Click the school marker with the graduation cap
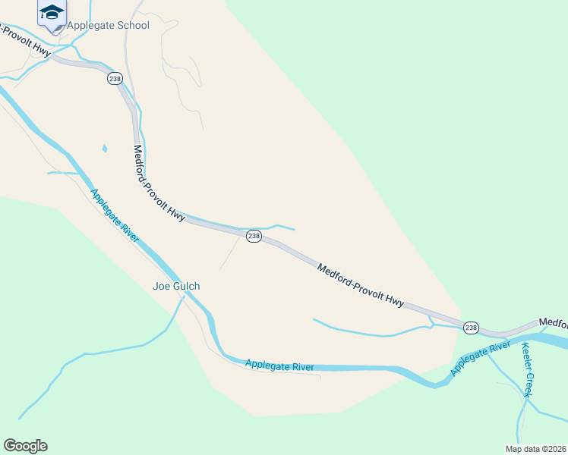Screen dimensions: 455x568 coord(52,14)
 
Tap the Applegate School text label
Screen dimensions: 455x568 coord(108,25)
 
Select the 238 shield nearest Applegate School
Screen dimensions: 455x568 coord(115,78)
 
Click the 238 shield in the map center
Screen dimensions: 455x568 coord(254,236)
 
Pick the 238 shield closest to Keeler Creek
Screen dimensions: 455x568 coord(471,327)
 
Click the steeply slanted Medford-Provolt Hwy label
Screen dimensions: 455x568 coord(159,184)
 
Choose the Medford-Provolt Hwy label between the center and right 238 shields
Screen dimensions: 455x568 coord(360,284)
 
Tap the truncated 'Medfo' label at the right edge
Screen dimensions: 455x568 coord(553,322)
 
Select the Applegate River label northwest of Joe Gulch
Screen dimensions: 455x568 coord(115,216)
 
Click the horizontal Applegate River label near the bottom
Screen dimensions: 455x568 coord(279,366)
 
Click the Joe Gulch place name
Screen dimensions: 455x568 coord(176,286)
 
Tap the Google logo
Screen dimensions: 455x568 coord(25,445)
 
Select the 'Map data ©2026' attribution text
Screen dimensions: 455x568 coord(535,448)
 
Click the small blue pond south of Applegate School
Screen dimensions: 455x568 coord(105,148)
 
